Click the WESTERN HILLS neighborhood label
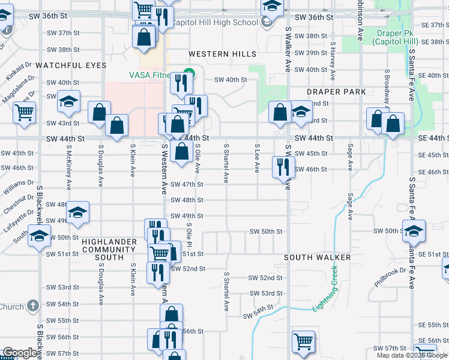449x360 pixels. (x=218, y=54)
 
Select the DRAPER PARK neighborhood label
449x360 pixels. (x=332, y=92)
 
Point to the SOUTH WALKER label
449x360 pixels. (x=318, y=257)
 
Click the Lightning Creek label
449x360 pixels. (x=326, y=288)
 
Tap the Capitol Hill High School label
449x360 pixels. (x=215, y=23)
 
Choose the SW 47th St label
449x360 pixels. (x=187, y=185)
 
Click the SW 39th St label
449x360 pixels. (x=307, y=53)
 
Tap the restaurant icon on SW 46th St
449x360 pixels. (x=283, y=166)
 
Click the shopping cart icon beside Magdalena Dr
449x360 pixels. (x=25, y=112)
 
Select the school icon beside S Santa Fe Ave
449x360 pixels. (x=414, y=230)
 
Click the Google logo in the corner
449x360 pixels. (x=20, y=353)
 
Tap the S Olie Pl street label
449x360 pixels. (x=188, y=235)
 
